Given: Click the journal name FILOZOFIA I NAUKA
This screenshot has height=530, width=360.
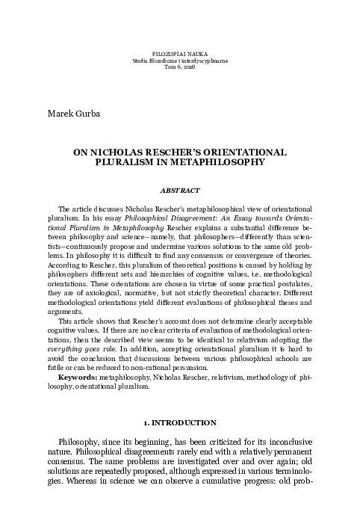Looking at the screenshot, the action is click(179, 54).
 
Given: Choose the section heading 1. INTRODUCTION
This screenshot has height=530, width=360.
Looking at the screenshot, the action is click(180, 425).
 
